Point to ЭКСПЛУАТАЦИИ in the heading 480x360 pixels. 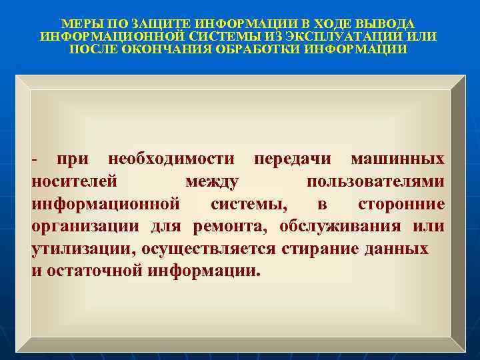[339, 36]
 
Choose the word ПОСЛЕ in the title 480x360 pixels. [94, 49]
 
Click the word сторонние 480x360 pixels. [401, 203]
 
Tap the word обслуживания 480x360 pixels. [340, 226]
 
